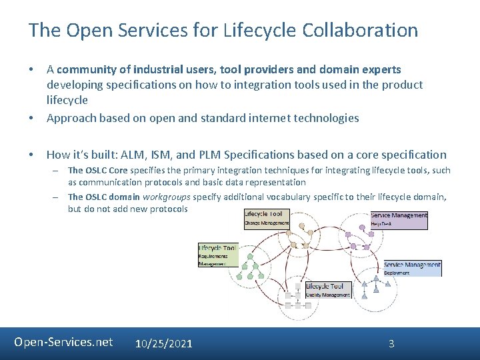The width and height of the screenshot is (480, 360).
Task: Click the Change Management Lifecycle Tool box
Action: click(x=266, y=219)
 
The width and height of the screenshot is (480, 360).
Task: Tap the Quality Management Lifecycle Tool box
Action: click(x=328, y=290)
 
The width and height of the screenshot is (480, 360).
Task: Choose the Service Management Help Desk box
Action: click(x=399, y=220)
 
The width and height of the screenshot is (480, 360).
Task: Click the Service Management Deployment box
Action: click(x=413, y=268)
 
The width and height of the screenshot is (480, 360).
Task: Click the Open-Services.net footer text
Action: click(x=63, y=342)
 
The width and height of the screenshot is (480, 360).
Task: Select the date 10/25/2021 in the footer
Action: click(x=163, y=343)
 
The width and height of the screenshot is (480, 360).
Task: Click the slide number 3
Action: click(x=391, y=343)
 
